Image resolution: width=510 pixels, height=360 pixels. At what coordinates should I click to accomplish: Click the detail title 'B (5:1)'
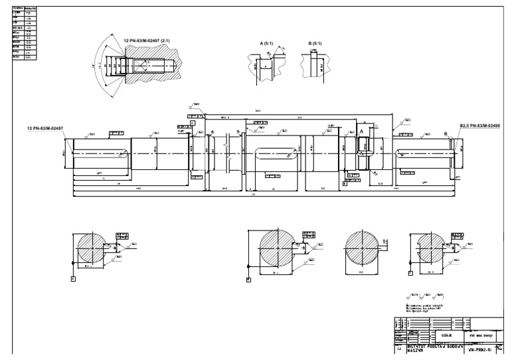(315, 43)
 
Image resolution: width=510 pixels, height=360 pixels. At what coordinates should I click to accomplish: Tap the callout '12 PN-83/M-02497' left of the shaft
(54, 128)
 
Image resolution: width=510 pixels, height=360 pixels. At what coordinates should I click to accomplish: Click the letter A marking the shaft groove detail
(362, 132)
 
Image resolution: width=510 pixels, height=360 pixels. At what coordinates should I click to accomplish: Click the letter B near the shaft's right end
(444, 134)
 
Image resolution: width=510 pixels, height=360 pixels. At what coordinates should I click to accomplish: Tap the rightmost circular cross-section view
(427, 249)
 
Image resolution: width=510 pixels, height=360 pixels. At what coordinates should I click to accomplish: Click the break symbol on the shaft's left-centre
(229, 142)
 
